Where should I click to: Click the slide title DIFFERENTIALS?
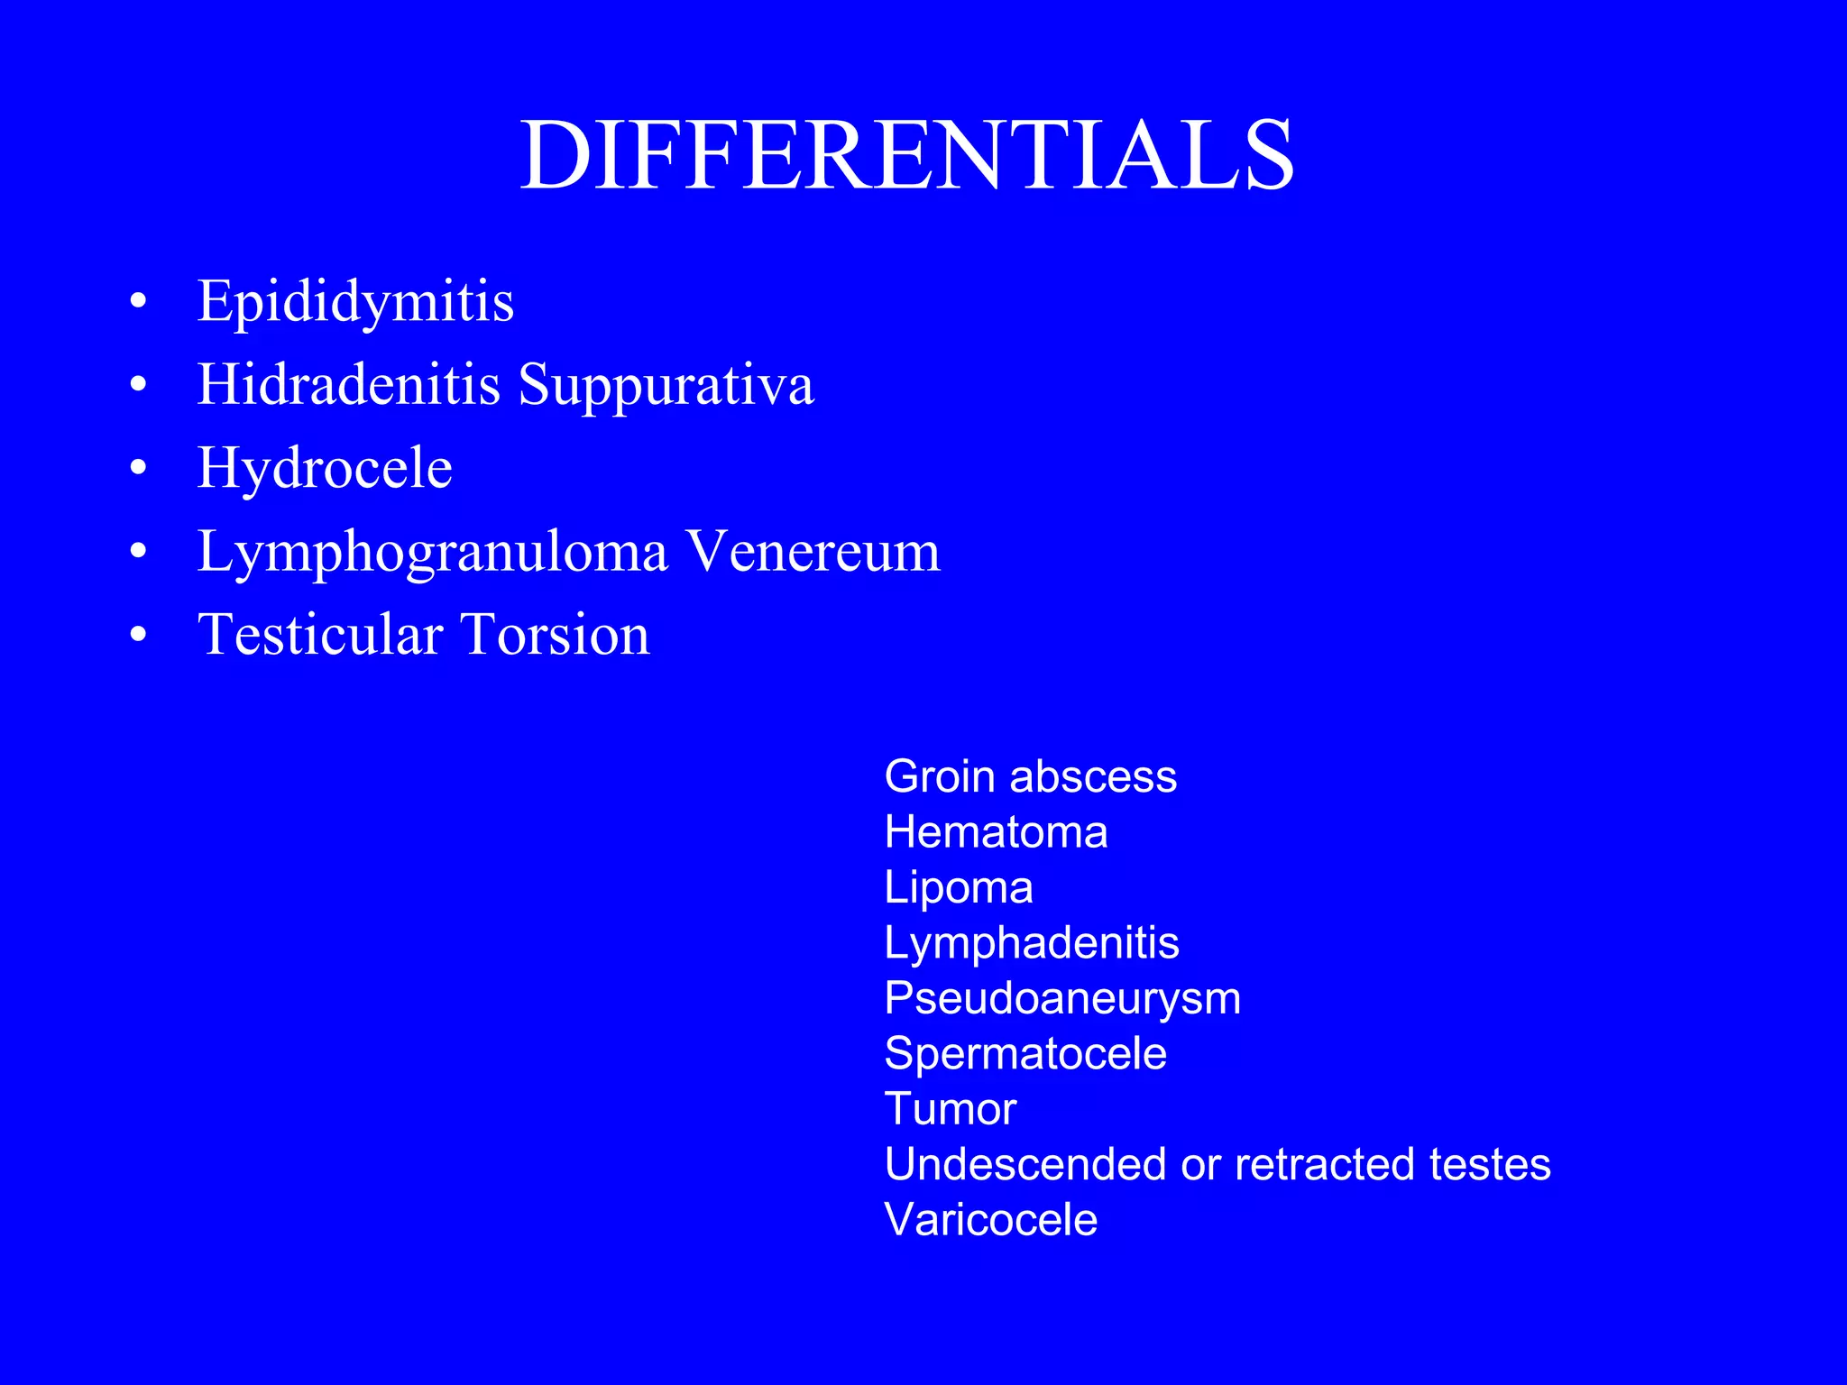(907, 155)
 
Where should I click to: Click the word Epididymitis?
(355, 301)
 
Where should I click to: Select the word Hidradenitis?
(348, 384)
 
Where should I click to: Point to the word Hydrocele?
(325, 469)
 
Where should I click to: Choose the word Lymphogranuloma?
(432, 552)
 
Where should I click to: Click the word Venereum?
(813, 551)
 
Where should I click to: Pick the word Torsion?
(555, 635)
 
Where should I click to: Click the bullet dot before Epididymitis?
(138, 301)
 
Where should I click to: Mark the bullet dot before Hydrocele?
(138, 468)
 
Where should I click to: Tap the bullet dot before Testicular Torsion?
(138, 635)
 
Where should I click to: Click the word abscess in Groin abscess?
(1093, 776)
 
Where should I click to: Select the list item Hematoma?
(996, 831)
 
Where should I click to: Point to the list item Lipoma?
(959, 887)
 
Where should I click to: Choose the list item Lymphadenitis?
(1032, 943)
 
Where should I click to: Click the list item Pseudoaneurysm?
(1062, 998)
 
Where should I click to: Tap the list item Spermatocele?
(1025, 1053)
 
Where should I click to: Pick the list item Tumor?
(951, 1109)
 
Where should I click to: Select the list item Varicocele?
(991, 1220)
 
